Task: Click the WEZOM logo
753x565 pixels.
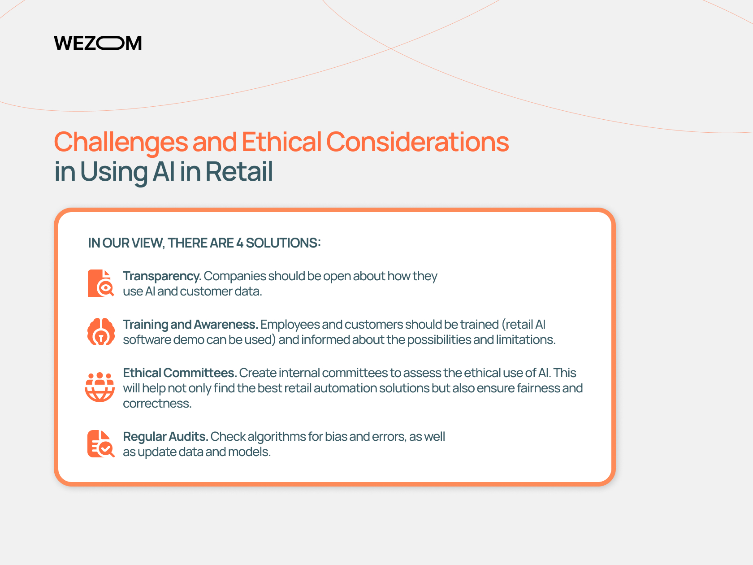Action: click(98, 43)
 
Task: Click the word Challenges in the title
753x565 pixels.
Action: click(121, 142)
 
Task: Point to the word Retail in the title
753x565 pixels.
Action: click(239, 171)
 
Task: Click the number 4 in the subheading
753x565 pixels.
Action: click(240, 243)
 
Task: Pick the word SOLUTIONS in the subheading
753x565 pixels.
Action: click(283, 243)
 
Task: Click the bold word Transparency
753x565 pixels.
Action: click(162, 277)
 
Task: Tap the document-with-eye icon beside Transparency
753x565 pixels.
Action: click(101, 283)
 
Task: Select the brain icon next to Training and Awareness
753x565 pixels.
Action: click(101, 331)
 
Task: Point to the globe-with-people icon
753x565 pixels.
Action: click(100, 387)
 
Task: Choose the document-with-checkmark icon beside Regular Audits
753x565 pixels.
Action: click(101, 443)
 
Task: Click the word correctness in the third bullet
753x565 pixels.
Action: click(157, 404)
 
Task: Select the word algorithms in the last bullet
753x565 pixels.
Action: click(277, 436)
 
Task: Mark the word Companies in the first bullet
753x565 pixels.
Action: click(235, 277)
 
